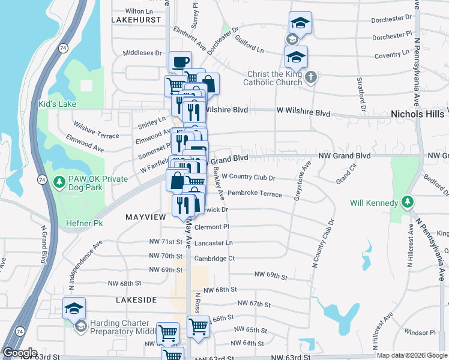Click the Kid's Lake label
point(58,104)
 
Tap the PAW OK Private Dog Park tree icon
point(59,181)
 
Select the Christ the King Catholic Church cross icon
point(310,77)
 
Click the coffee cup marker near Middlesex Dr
point(180,62)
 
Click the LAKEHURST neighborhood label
point(136,20)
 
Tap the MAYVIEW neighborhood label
point(145,216)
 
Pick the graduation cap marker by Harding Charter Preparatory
point(74,308)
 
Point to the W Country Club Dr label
point(248,177)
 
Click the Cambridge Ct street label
point(214,259)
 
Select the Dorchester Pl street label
point(392,37)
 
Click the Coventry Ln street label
point(391,55)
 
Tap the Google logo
point(19,353)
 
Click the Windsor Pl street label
point(420,332)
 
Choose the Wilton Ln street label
point(139,11)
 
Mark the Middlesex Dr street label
point(142,53)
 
